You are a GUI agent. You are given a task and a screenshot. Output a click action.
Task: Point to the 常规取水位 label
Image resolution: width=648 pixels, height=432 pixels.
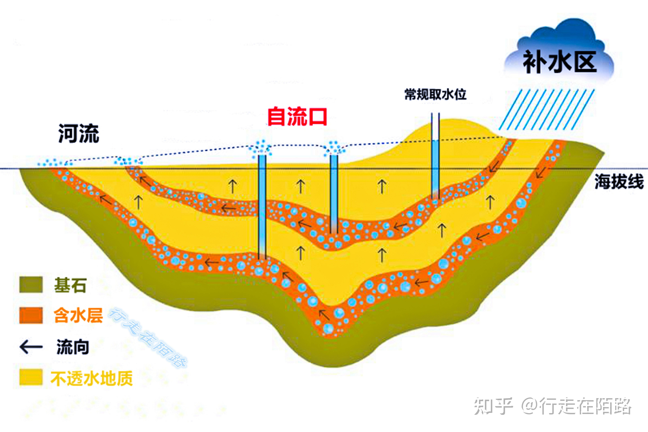(x=435, y=94)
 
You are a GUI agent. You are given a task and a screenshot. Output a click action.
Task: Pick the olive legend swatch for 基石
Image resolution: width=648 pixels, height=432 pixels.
(x=31, y=285)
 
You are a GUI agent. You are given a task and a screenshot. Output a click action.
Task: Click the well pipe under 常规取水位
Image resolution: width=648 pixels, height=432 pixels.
(x=435, y=165)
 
